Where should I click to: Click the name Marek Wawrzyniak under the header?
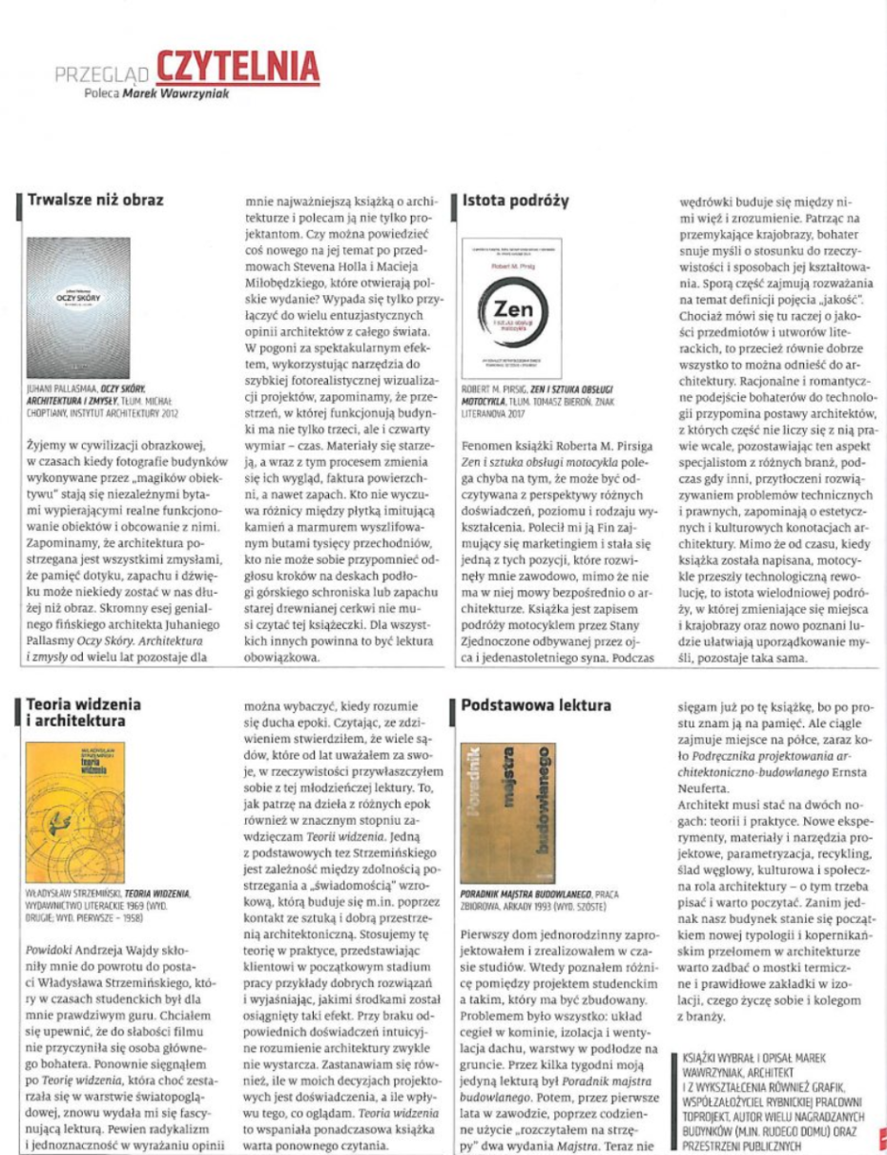pyautogui.click(x=178, y=94)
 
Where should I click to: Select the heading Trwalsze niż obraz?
pyautogui.click(x=95, y=200)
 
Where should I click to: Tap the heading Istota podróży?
pyautogui.click(x=515, y=200)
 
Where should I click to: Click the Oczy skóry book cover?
pyautogui.click(x=78, y=306)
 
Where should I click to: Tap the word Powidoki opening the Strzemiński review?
pyautogui.click(x=51, y=924)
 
